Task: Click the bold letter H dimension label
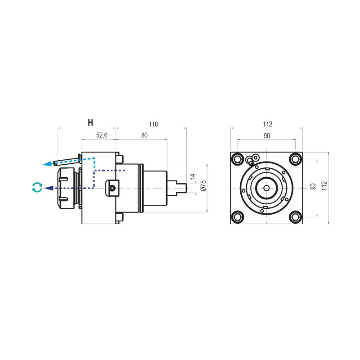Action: tap(90, 122)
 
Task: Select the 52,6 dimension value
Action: tap(102, 135)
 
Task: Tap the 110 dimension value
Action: tap(153, 124)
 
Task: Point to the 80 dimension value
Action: tap(144, 135)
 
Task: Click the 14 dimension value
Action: tap(193, 176)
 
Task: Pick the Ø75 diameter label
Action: tap(203, 186)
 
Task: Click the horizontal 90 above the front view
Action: tap(266, 135)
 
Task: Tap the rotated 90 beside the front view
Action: tap(314, 187)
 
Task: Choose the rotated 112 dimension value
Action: tap(325, 186)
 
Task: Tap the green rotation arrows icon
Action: tap(37, 187)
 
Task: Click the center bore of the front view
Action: tap(266, 188)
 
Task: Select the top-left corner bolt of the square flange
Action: tap(237, 159)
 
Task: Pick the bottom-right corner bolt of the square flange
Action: tap(295, 217)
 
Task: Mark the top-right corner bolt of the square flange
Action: tap(295, 159)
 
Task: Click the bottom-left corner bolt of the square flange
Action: tap(237, 217)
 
